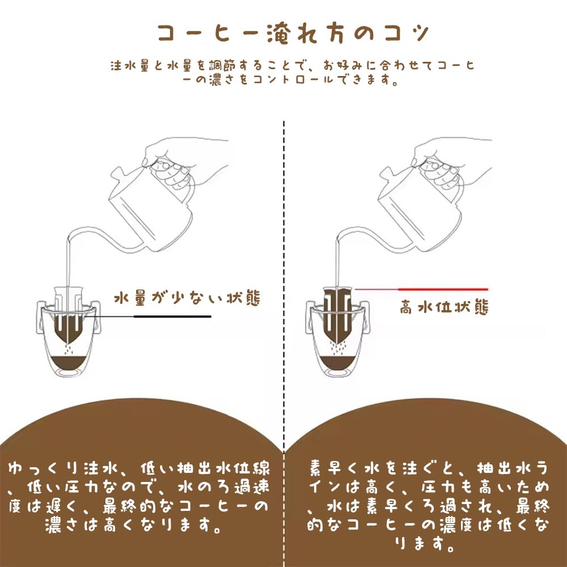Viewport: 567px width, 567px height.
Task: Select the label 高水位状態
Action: (x=444, y=308)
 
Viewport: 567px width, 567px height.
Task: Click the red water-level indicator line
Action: (x=442, y=289)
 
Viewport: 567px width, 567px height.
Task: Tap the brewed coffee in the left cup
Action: (x=67, y=363)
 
